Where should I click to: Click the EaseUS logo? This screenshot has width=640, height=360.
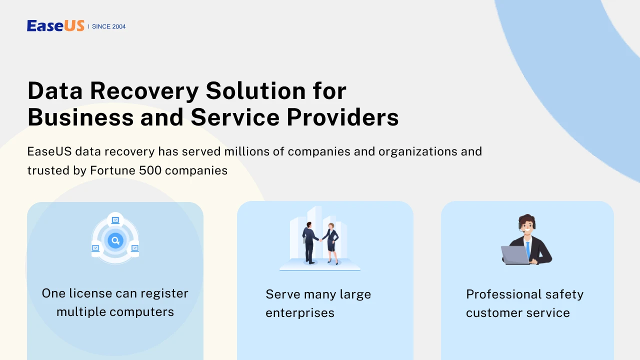coord(55,25)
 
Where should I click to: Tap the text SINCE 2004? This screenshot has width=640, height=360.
coord(108,26)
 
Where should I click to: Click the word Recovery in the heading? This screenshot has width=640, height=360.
coord(144,91)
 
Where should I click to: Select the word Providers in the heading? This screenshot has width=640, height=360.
coord(342,117)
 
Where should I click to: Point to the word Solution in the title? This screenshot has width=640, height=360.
coord(255,90)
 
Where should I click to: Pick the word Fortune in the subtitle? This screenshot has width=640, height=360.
coord(112,170)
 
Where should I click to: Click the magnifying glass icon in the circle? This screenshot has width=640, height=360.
coord(115,240)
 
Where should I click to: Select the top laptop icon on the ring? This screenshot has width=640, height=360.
coord(115,220)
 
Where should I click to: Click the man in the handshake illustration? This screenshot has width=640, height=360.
coord(309,242)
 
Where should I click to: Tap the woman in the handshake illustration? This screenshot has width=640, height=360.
coord(331,243)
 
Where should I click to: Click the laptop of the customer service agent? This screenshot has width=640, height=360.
coord(515,255)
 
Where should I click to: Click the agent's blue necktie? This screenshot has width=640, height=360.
coord(527,249)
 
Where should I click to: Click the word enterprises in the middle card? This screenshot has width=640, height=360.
coord(300,313)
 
